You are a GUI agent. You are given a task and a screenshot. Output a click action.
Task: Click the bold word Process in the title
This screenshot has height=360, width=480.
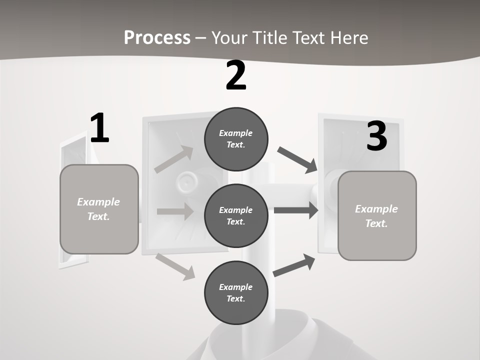pos(157,37)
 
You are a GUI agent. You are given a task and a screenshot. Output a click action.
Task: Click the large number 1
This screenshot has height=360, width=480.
pos(99,128)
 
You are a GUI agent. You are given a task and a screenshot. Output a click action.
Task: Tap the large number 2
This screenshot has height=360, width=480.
pos(236,76)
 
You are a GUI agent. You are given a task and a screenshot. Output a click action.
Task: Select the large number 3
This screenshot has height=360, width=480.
pos(376,136)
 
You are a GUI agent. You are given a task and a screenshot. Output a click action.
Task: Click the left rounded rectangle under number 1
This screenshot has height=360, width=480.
pos(99,209)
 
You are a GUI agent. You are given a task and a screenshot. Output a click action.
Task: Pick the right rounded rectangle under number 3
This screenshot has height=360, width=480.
pos(377,216)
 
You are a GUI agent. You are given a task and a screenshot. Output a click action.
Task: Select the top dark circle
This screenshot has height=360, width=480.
pos(236,139)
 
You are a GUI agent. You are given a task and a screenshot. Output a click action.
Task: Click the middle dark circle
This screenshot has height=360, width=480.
pos(236,215)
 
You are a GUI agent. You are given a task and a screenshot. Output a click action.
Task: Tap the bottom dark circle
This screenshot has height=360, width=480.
pos(236,292)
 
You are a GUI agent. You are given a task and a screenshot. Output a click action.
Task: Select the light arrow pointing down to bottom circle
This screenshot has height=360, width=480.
pos(175,266)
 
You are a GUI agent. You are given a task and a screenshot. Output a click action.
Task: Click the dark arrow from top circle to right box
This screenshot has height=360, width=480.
pos(297,159)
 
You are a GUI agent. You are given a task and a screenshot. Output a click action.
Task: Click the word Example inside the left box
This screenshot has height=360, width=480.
pos(98,202)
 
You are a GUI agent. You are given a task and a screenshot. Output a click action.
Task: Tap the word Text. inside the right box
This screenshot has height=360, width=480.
pos(376,223)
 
